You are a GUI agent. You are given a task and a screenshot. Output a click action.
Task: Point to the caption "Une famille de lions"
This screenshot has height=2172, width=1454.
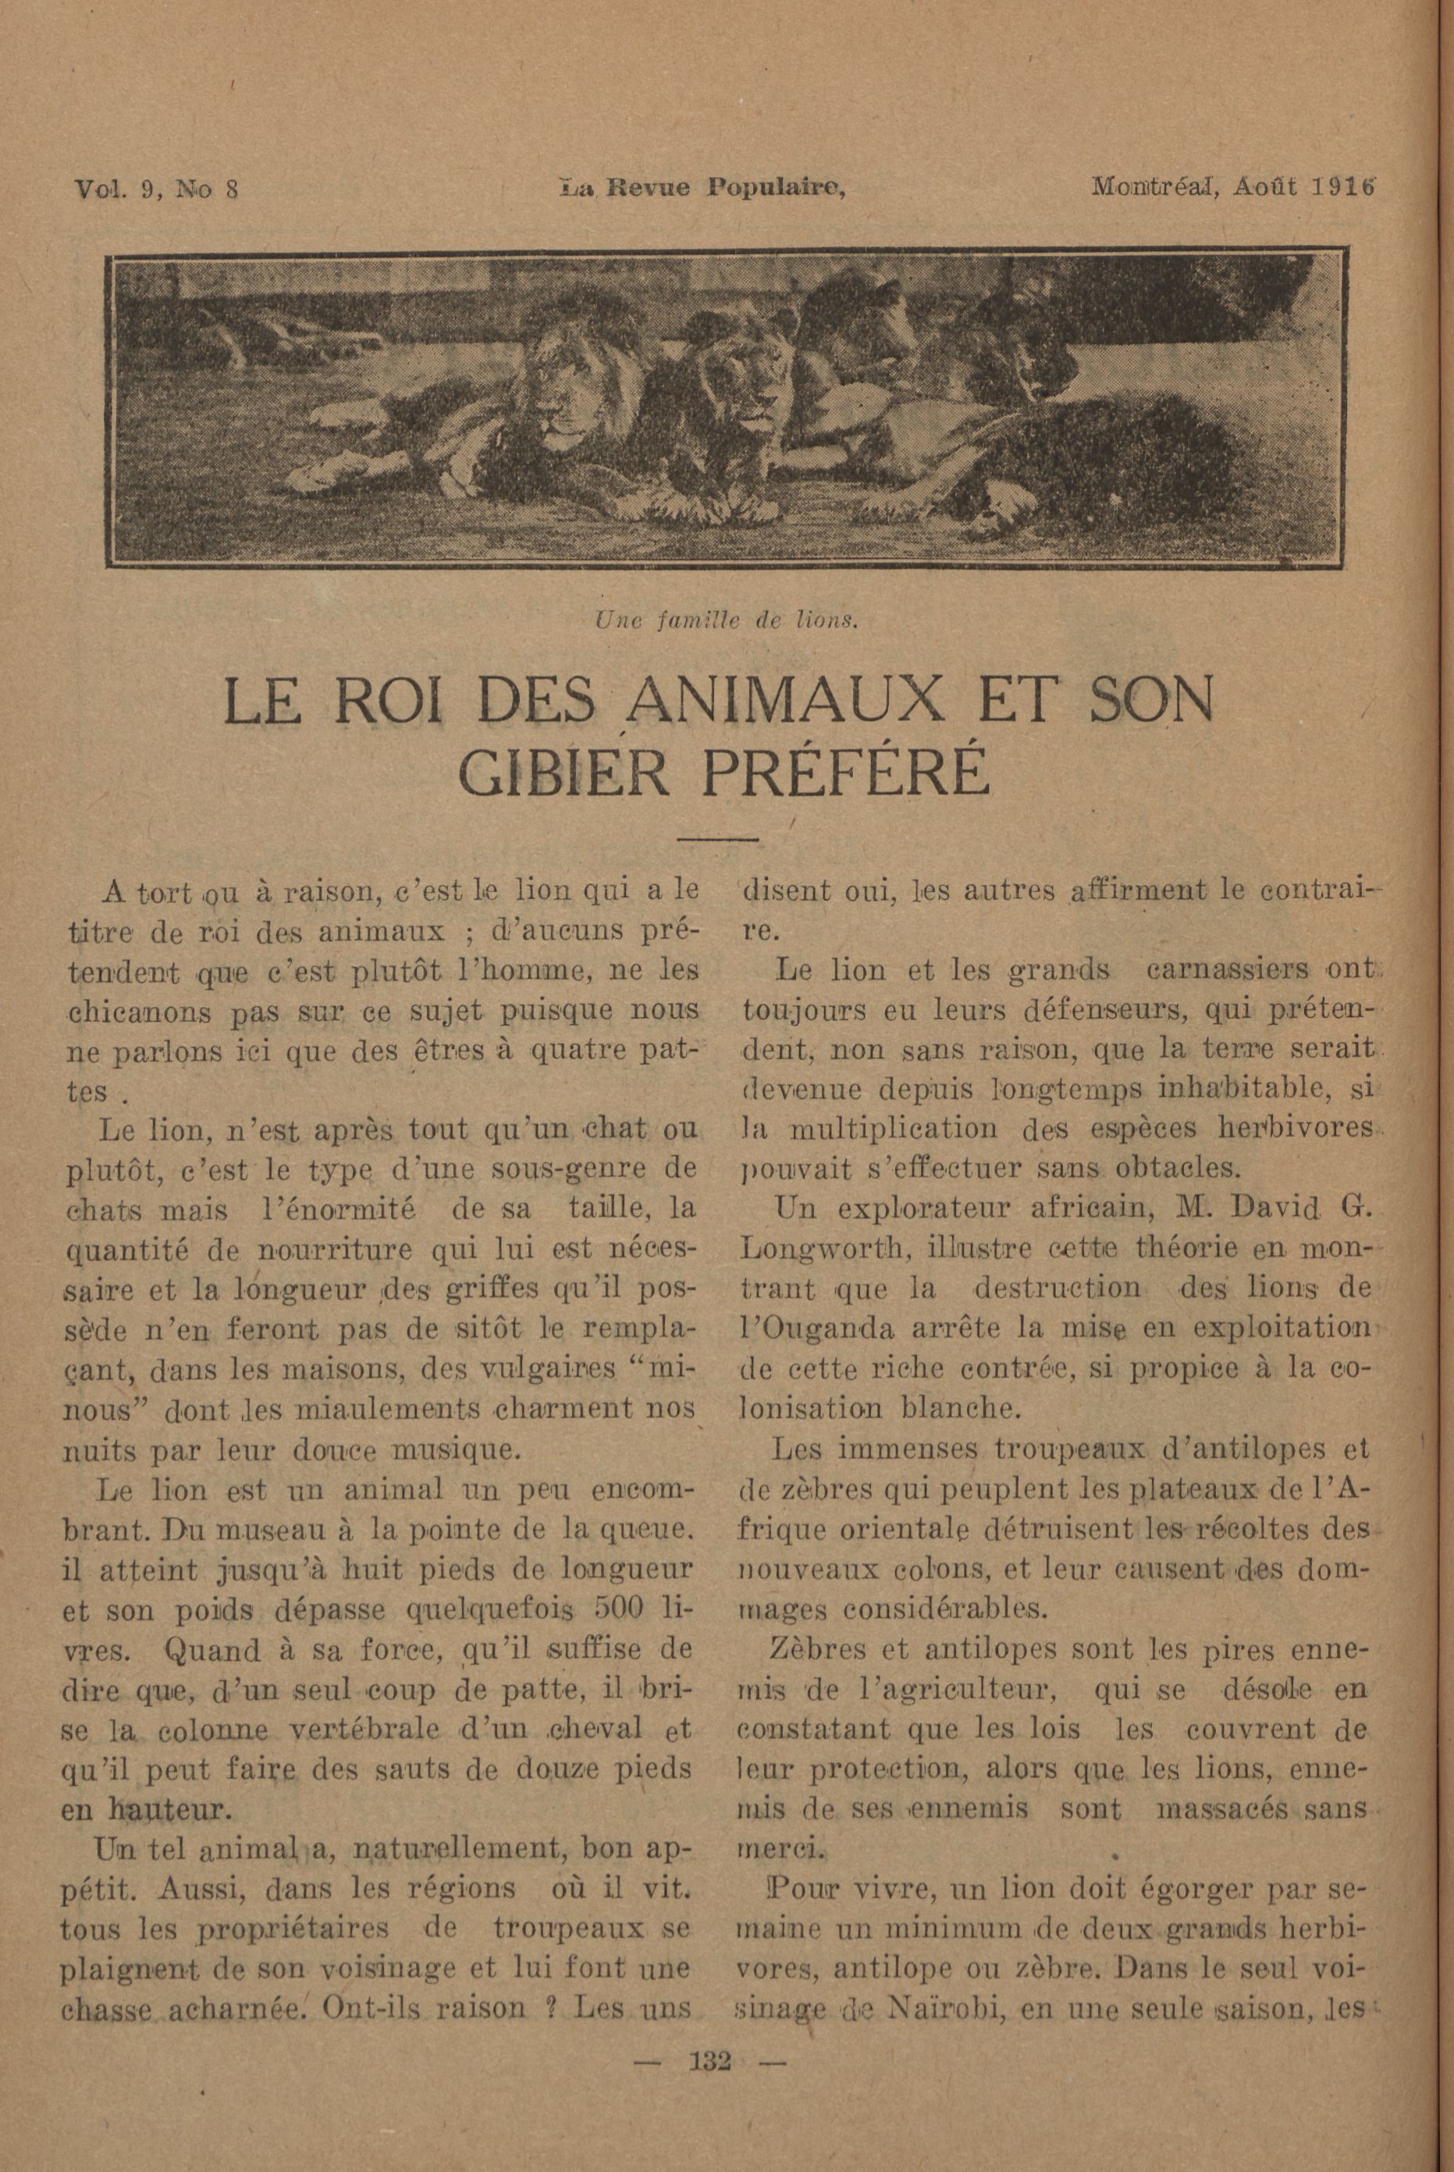pos(725,621)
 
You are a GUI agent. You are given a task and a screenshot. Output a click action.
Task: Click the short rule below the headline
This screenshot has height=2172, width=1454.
pos(719,840)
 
